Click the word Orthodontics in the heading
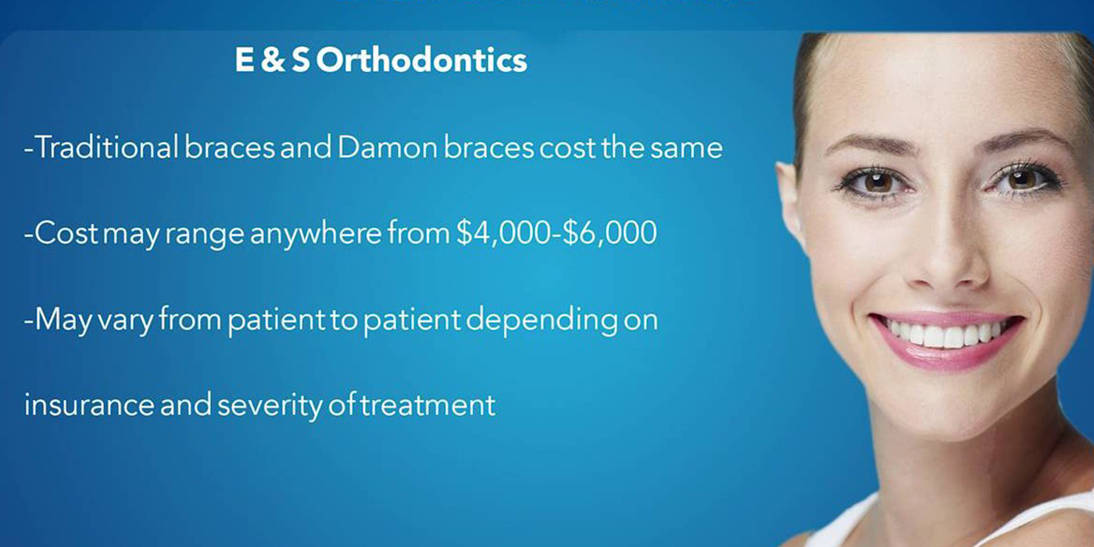[x=422, y=61]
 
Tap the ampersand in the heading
[x=273, y=61]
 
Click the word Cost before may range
[x=63, y=234]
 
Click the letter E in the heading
[x=245, y=61]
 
